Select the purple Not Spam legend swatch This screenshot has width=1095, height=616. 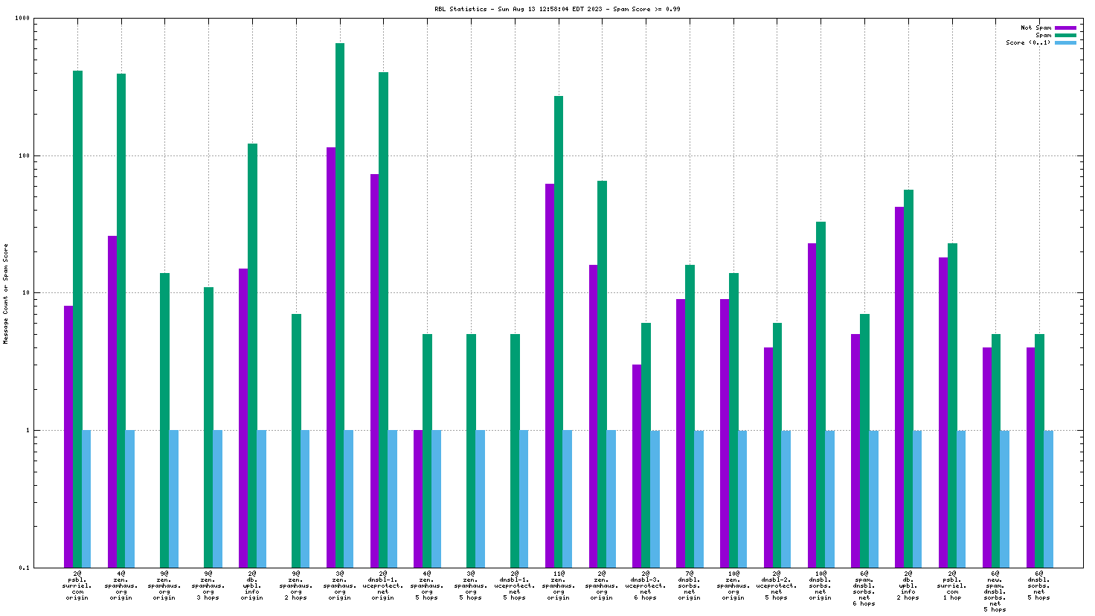click(1065, 28)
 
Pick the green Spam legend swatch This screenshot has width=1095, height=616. click(1065, 36)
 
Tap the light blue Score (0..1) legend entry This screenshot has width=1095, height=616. click(1065, 43)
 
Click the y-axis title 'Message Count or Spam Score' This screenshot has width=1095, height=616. click(6, 293)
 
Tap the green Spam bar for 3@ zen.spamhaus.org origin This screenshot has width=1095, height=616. click(340, 298)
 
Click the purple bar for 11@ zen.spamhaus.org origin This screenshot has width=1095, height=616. click(550, 372)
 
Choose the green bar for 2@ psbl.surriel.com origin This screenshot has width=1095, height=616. click(77, 312)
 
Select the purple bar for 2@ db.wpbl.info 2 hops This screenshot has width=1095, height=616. click(899, 387)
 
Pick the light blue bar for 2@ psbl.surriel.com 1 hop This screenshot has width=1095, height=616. click(961, 498)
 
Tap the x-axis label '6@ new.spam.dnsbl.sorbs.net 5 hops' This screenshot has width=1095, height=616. click(995, 591)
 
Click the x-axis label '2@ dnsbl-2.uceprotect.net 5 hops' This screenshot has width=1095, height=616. click(777, 585)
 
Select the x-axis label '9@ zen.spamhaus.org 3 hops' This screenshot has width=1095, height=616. click(208, 585)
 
